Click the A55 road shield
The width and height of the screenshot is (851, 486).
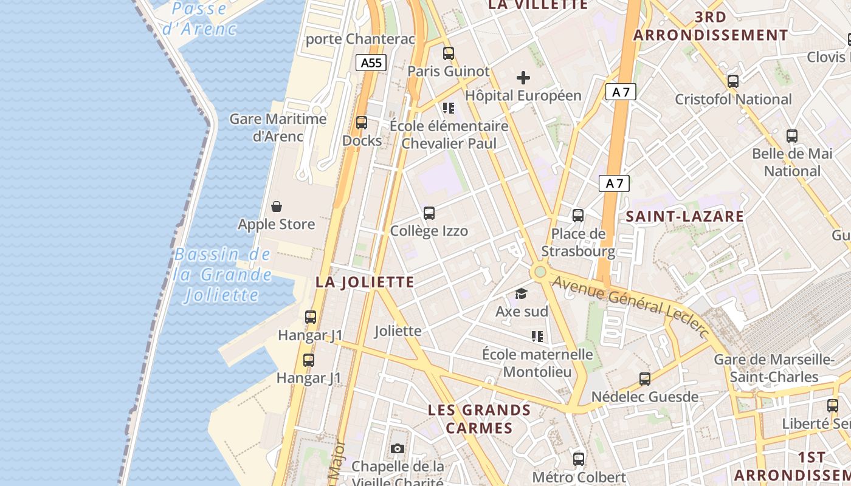click(371, 63)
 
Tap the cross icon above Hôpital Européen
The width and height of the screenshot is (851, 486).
click(523, 78)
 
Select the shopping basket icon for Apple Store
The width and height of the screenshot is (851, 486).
click(277, 207)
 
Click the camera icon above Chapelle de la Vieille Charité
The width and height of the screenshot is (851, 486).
click(398, 449)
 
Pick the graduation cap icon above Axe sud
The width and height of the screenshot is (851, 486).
click(521, 294)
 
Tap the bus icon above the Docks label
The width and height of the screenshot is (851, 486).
click(362, 123)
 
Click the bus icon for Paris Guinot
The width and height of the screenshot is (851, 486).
click(449, 53)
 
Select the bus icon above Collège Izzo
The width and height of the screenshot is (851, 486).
click(429, 213)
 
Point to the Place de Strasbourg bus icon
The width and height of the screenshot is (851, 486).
click(578, 216)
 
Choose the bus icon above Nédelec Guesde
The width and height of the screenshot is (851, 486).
click(645, 379)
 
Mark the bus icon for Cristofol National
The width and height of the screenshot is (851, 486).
click(733, 81)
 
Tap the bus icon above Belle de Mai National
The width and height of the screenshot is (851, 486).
click(792, 136)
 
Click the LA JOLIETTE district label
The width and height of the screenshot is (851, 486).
click(365, 282)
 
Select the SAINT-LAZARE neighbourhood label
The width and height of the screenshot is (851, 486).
click(685, 216)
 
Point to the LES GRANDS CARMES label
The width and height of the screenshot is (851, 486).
click(479, 419)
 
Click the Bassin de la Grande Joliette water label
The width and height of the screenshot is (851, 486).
click(222, 275)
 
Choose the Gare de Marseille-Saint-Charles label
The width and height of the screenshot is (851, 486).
click(773, 368)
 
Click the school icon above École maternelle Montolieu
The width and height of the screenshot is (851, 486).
click(537, 336)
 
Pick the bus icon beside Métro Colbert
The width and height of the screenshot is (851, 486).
click(579, 459)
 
